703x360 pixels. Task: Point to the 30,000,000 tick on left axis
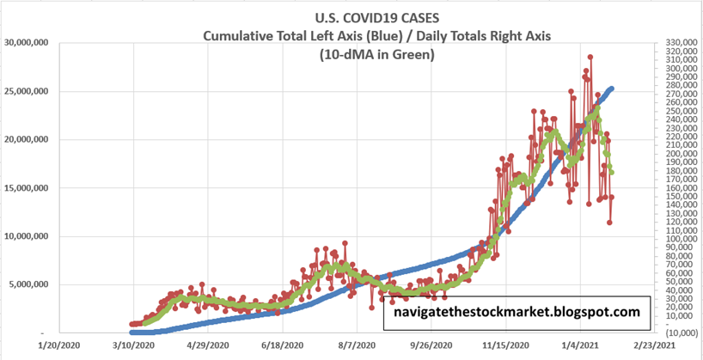click(28, 42)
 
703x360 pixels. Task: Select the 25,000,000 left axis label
click(28, 91)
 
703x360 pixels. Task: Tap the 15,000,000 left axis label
click(28, 188)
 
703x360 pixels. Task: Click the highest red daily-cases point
click(590, 58)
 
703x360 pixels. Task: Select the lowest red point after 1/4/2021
click(609, 223)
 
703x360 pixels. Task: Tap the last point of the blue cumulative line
click(611, 88)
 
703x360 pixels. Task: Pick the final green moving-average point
click(611, 173)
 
